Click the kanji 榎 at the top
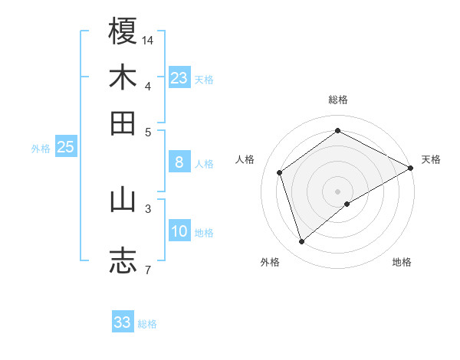[x=123, y=31]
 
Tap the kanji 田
[x=123, y=123]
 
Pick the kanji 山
[x=123, y=200]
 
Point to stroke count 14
[x=148, y=39]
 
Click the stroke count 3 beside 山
[x=147, y=208]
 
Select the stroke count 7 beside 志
[x=147, y=269]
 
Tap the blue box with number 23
[x=179, y=77]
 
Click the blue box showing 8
[x=179, y=162]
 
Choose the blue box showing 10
[x=179, y=231]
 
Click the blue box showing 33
[x=123, y=322]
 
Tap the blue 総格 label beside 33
[x=147, y=324]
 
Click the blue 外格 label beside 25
[x=40, y=149]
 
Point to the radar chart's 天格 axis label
[x=431, y=159]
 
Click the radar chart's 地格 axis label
[x=402, y=263]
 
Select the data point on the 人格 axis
[x=280, y=172]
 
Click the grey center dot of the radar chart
[x=338, y=191]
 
